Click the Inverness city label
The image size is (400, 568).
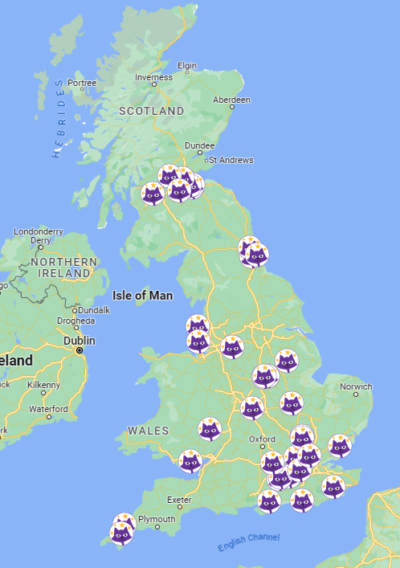coord(153,78)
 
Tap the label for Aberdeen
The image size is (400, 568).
coord(231,100)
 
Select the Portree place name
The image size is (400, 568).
coord(82,83)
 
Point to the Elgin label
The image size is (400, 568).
coord(186,66)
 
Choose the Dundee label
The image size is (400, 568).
coord(199,145)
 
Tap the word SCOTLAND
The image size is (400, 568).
coord(151,111)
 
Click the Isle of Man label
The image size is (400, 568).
coord(142,296)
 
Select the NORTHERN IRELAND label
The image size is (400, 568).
coord(64,268)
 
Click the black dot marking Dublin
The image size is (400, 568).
coord(80,351)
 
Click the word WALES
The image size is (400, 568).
coord(148,431)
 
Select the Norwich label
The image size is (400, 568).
coord(356,386)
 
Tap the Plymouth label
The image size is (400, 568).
coord(157,520)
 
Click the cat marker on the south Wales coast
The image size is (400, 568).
coord(190,462)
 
